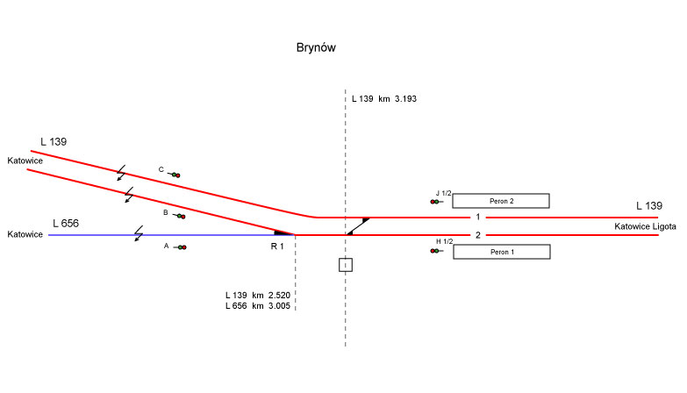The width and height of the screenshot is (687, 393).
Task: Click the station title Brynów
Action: click(317, 47)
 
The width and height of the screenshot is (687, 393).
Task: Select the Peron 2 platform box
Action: click(500, 201)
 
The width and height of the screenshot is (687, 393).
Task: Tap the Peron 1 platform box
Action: click(500, 252)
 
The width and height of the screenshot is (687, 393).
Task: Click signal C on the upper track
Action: click(174, 175)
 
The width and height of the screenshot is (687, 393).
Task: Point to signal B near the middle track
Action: click(180, 216)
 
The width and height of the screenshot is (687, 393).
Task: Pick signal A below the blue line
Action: click(180, 247)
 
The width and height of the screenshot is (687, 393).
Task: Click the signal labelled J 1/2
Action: click(435, 202)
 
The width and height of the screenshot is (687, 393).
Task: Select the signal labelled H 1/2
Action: click(435, 251)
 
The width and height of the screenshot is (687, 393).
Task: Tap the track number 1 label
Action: click(478, 217)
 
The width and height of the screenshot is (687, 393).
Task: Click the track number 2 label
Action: click(478, 235)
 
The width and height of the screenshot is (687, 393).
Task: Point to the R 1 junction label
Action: click(278, 247)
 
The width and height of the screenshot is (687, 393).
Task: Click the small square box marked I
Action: click(346, 264)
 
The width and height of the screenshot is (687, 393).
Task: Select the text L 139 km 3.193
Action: click(383, 99)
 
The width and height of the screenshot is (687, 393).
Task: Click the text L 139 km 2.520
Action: click(257, 295)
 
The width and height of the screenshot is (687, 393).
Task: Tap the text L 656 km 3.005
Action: click(257, 306)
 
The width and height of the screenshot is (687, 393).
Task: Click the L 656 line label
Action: click(66, 224)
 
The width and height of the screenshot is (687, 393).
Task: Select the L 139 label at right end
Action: click(648, 206)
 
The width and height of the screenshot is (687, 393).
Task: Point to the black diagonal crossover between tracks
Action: click(357, 226)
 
